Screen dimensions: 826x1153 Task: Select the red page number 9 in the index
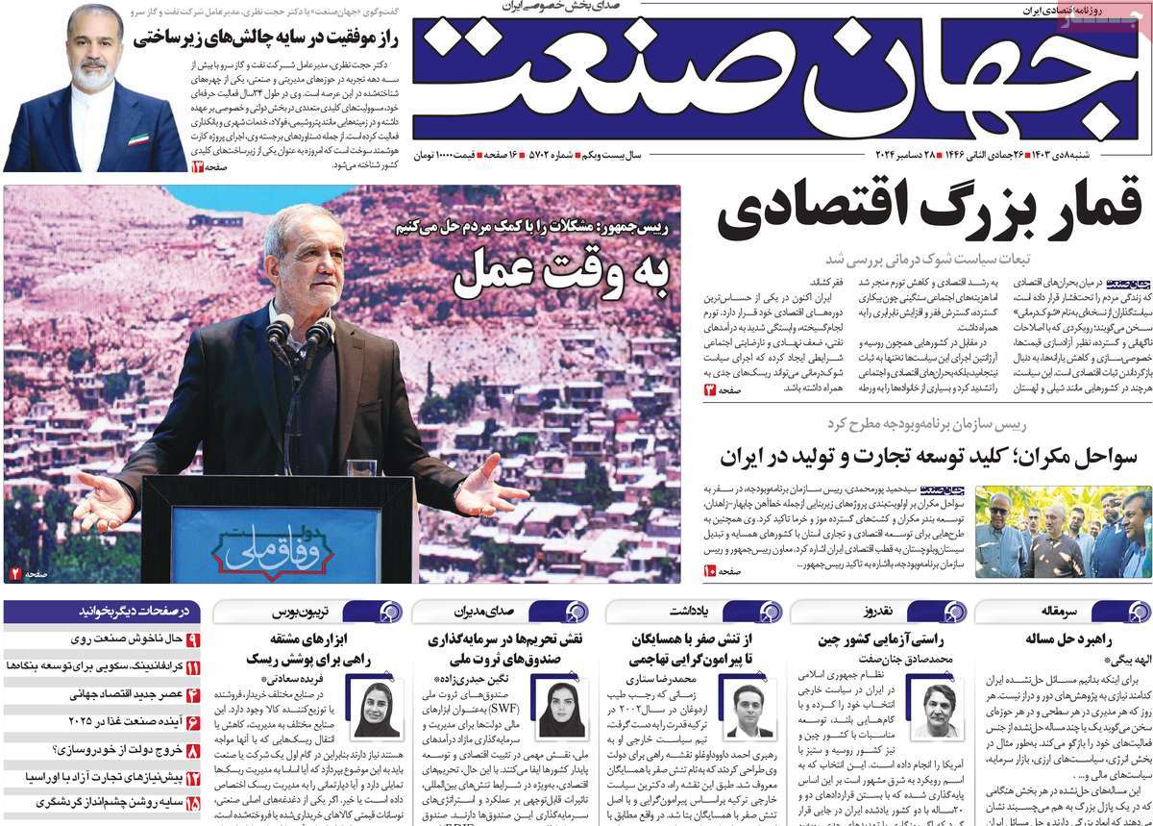(192, 639)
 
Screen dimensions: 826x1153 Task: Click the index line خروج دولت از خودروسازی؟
(115, 749)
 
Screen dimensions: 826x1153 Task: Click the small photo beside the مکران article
(1062, 531)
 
